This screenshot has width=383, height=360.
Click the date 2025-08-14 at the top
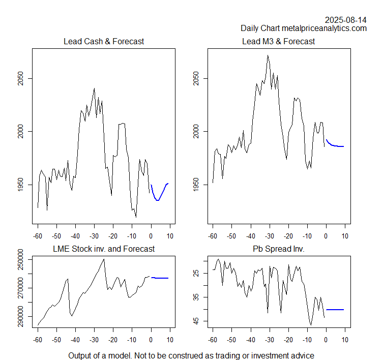tap(345, 20)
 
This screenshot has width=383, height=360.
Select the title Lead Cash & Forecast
tap(103, 41)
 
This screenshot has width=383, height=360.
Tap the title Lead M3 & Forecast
tap(278, 41)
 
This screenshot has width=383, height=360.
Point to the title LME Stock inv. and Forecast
tap(104, 249)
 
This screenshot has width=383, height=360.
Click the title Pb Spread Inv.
tap(279, 249)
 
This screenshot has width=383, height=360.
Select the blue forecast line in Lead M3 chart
tap(336, 145)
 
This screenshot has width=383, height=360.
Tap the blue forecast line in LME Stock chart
tap(160, 278)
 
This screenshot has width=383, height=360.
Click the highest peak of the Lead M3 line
tap(268, 55)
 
